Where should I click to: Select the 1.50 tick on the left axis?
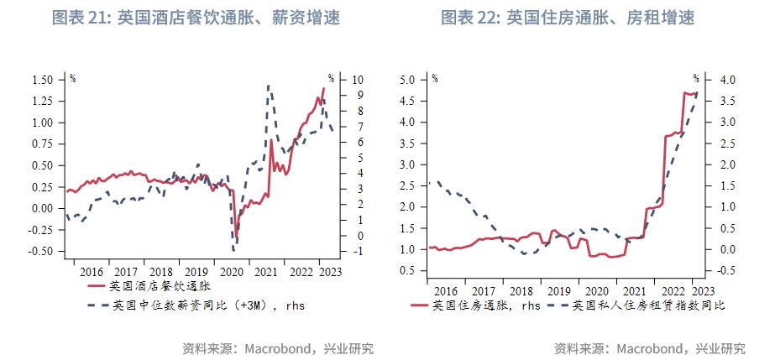pyautogui.click(x=41, y=80)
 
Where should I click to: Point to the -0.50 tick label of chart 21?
pyautogui.click(x=39, y=251)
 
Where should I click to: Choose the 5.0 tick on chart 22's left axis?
pyautogui.click(x=408, y=80)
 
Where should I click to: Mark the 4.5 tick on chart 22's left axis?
pyautogui.click(x=408, y=101)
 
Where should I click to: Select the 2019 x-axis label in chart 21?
pyautogui.click(x=195, y=272)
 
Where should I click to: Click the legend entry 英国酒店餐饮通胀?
pyautogui.click(x=147, y=286)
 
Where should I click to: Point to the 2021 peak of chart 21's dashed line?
pyautogui.click(x=268, y=86)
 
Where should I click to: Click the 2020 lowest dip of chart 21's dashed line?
pyautogui.click(x=234, y=249)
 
